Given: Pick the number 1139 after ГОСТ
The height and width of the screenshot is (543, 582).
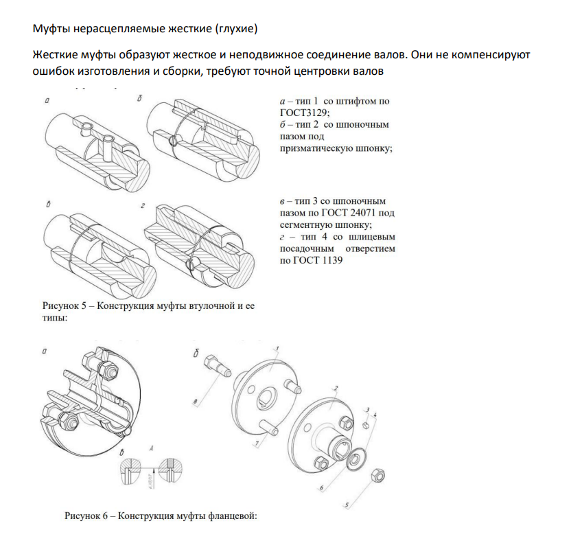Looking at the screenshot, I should point(329,261).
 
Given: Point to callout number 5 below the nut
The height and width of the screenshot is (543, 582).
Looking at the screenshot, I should point(347,506).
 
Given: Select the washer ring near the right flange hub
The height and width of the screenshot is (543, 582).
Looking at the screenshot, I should point(357,459).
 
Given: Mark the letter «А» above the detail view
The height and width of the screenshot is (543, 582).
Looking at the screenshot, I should point(151,448).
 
